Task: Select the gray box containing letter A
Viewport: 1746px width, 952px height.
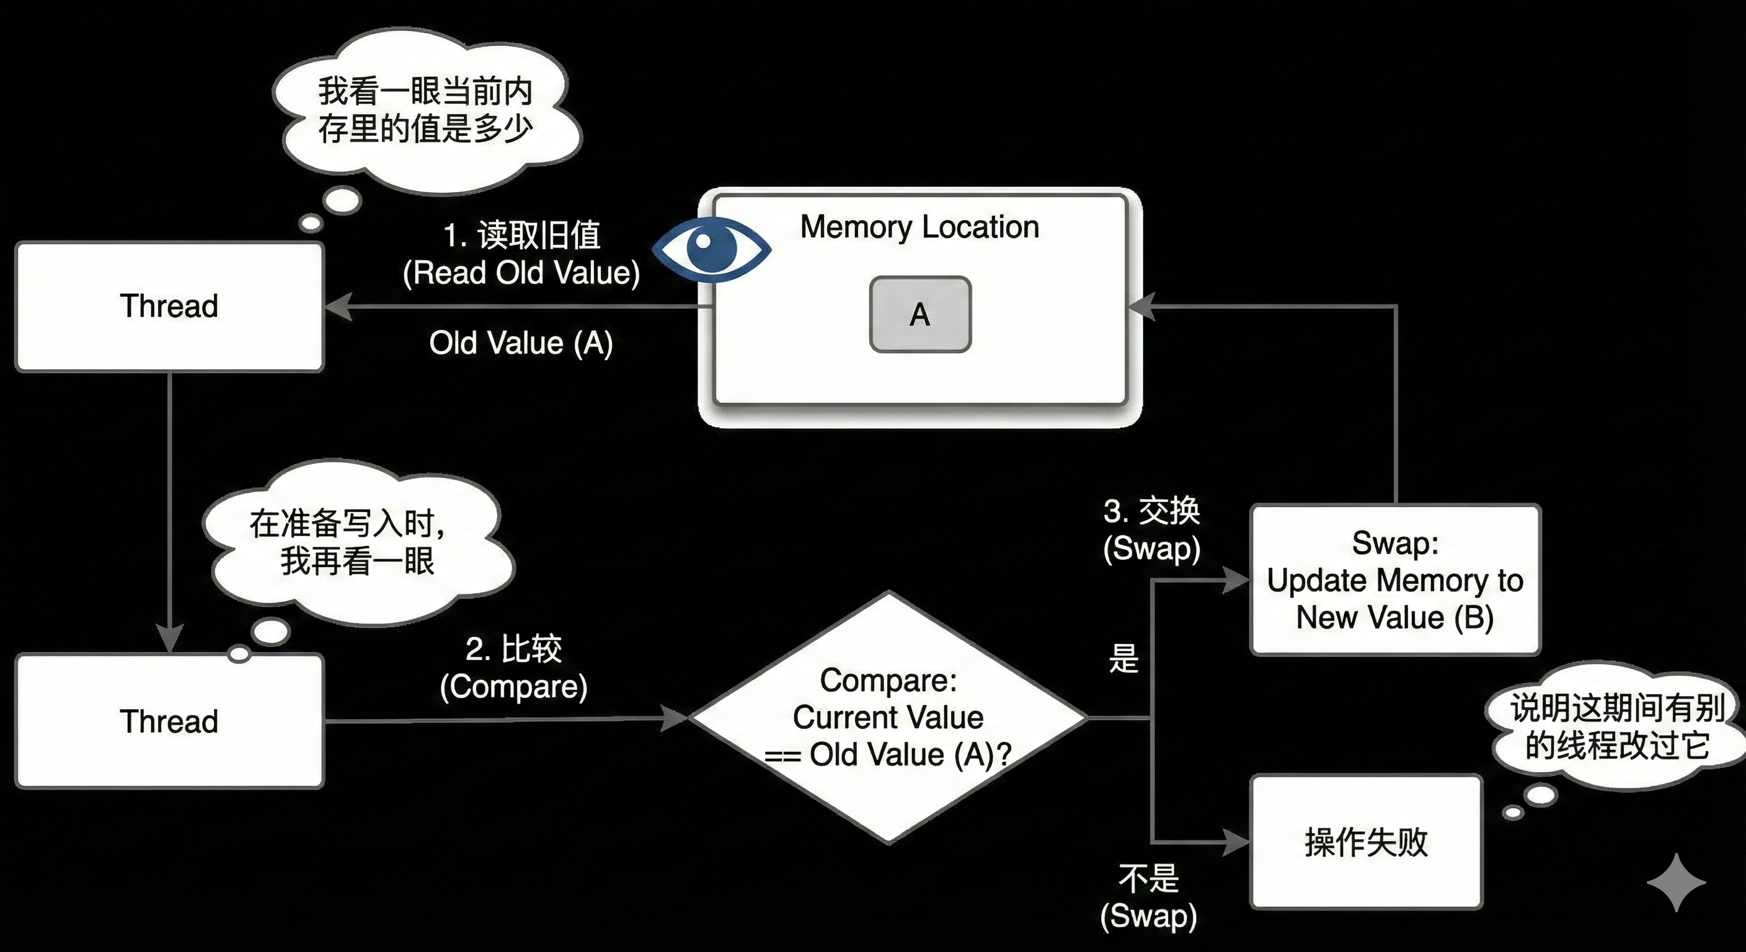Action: click(x=920, y=314)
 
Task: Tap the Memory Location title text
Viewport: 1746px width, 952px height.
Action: click(x=919, y=227)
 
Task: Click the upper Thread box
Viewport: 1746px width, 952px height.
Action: click(x=169, y=306)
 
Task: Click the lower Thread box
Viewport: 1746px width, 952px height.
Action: click(x=169, y=721)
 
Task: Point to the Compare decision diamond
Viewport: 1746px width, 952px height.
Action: click(x=888, y=718)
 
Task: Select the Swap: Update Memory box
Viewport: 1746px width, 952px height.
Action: click(x=1395, y=580)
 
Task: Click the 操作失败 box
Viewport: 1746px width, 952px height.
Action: click(x=1366, y=842)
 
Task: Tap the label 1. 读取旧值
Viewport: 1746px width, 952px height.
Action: click(x=521, y=236)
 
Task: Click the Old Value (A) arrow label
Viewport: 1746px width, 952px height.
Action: click(x=521, y=343)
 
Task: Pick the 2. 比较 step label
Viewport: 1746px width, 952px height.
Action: click(x=514, y=649)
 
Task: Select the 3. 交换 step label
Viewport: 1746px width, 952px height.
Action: click(x=1151, y=511)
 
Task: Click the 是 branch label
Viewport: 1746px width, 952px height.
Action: click(x=1123, y=659)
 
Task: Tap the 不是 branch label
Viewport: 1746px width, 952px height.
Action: click(x=1149, y=879)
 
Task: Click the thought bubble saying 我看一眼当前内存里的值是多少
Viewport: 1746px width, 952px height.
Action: click(x=426, y=110)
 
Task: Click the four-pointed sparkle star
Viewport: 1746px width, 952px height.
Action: click(x=1676, y=882)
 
